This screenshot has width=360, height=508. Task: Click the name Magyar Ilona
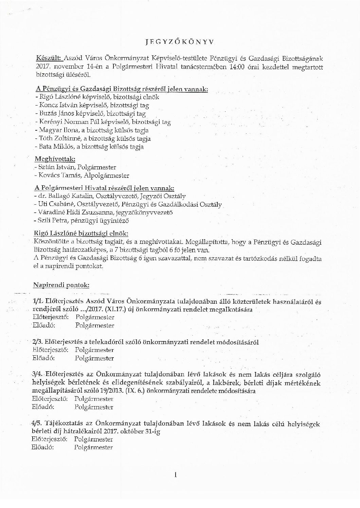(x=53, y=130)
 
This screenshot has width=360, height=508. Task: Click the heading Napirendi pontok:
(x=61, y=285)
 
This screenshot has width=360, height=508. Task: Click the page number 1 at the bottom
(x=175, y=476)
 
